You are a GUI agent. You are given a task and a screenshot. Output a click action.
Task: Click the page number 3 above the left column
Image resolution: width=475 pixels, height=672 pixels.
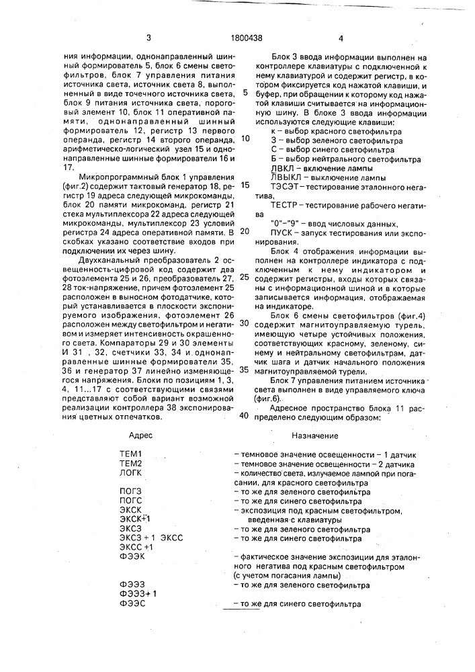pyautogui.click(x=148, y=38)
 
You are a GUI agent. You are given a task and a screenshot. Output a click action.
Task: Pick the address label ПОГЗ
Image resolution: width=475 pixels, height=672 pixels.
pyautogui.click(x=130, y=493)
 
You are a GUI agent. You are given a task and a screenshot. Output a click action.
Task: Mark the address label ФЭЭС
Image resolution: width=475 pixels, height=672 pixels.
pyautogui.click(x=131, y=604)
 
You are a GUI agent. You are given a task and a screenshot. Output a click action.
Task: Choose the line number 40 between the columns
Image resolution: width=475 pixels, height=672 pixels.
pyautogui.click(x=245, y=415)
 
